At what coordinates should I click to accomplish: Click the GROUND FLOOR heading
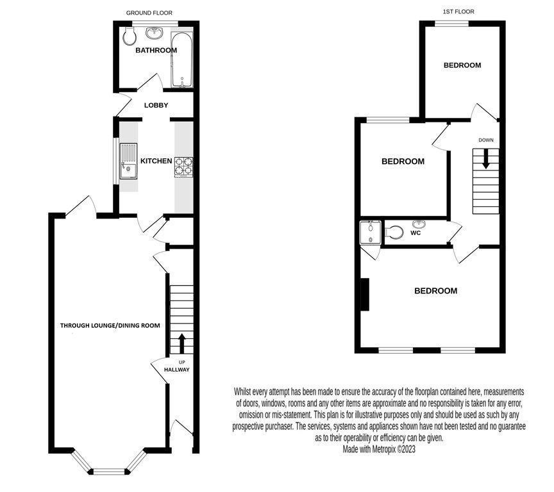click(x=149, y=13)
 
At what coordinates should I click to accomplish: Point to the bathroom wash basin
click(x=154, y=33)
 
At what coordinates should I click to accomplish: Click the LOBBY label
click(x=156, y=105)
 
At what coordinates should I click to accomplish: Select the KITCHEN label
click(x=156, y=161)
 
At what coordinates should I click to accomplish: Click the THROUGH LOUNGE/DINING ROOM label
click(x=110, y=325)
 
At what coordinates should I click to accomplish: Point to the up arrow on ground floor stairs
click(x=181, y=343)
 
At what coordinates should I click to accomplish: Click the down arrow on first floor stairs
click(x=485, y=158)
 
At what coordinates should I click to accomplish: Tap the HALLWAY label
click(x=176, y=370)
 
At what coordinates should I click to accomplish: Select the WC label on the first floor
click(x=415, y=233)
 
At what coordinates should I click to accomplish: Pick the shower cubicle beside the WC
click(x=371, y=233)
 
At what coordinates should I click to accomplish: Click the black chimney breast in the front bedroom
click(x=365, y=295)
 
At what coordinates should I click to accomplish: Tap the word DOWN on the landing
click(x=485, y=140)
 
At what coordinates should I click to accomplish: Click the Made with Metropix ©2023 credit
click(x=379, y=450)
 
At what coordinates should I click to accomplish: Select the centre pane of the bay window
click(x=108, y=472)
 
